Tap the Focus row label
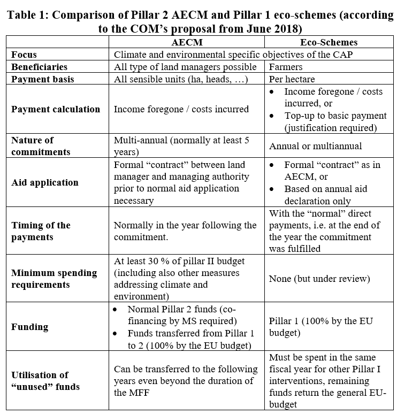tap(25, 55)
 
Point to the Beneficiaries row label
tap(40, 67)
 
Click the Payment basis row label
tap(43, 79)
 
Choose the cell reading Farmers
tap(286, 67)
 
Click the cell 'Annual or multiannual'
tap(315, 146)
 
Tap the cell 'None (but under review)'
tap(319, 279)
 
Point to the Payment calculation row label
tap(56, 109)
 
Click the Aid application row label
tap(45, 182)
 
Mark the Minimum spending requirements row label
tap(54, 279)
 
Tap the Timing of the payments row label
tap(41, 231)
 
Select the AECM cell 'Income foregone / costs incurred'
tap(181, 109)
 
